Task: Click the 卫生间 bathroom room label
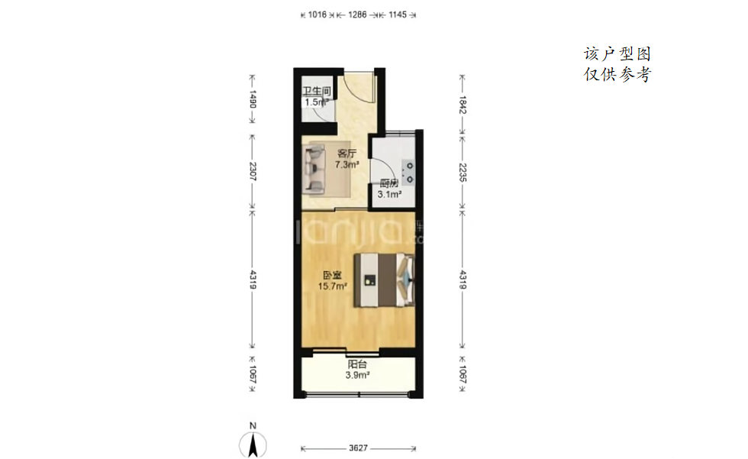pos(317,91)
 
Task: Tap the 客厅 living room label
pos(347,154)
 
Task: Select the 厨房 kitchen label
pos(389,183)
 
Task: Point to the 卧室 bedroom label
pos(332,275)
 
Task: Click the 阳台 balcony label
pos(357,364)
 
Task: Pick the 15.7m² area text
pos(333,286)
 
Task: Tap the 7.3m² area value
pos(347,165)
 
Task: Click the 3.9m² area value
pos(357,375)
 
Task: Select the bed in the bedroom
pos(384,280)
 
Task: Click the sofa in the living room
pos(314,170)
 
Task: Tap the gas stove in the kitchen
pos(408,173)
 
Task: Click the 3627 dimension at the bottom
pos(358,448)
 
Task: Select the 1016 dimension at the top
pos(318,15)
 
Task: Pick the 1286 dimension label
pos(357,15)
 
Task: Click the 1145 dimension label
pos(398,15)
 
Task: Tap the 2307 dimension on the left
pos(253,172)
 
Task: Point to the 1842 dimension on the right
pos(463,105)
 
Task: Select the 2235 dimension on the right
pos(463,173)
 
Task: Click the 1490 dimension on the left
pos(253,99)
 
